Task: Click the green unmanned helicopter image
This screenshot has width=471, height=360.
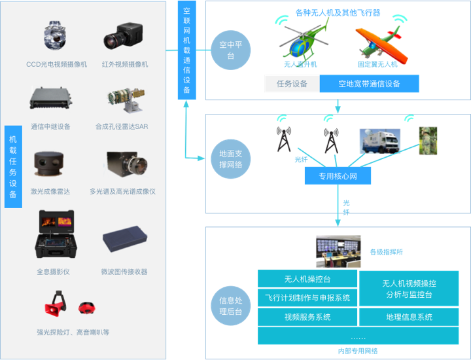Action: pos(304,42)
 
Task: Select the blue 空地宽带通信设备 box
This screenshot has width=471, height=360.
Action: pos(369,84)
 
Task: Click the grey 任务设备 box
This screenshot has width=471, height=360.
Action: pos(292,84)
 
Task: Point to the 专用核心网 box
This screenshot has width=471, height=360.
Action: pos(338,176)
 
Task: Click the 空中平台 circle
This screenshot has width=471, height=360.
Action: pos(231,50)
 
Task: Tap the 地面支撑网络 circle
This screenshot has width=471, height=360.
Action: pos(231,159)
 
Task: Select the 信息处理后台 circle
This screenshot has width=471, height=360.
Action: pos(231,306)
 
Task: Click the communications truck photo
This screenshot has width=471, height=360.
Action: pos(380,141)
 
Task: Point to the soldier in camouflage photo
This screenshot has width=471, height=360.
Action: pos(428,141)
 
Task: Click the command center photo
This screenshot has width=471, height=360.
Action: pos(338,251)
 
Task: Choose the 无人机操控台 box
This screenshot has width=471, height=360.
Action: pos(307,279)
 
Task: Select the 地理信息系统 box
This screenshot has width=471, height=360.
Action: pos(409,317)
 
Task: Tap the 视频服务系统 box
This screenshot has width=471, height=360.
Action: pos(307,317)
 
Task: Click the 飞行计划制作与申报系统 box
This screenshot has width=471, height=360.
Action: pos(307,298)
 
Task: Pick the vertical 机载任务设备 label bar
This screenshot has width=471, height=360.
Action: pos(13,167)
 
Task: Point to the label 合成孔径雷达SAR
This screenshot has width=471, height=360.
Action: pos(122,126)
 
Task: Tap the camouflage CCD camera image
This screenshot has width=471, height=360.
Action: pos(54,35)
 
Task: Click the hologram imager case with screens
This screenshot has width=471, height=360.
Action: pos(56,234)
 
